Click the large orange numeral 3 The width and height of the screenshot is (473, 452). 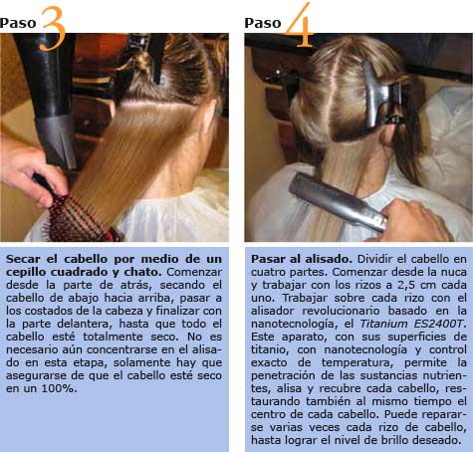[x=53, y=29]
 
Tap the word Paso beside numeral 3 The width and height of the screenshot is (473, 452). [x=18, y=23]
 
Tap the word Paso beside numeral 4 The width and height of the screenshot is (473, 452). [x=263, y=23]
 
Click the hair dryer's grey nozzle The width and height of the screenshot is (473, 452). [x=57, y=139]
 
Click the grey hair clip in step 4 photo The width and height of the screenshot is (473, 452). [x=381, y=97]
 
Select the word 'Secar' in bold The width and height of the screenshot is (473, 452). [x=23, y=259]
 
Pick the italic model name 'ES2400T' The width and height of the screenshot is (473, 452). [x=440, y=324]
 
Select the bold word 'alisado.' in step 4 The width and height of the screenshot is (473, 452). [x=329, y=259]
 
